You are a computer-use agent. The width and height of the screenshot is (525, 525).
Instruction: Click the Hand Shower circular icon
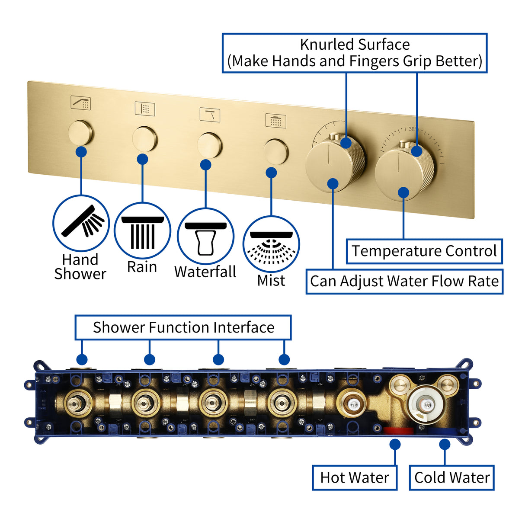(81, 223)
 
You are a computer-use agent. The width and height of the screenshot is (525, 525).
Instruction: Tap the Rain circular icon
(142, 231)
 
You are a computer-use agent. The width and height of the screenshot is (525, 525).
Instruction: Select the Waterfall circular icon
(206, 236)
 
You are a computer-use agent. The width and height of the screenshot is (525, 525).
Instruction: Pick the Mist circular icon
(271, 244)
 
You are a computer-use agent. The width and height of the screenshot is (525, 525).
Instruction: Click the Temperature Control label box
(424, 251)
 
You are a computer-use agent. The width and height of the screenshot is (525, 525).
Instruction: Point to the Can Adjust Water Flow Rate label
(404, 282)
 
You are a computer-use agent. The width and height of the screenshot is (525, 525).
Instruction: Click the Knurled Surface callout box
(355, 53)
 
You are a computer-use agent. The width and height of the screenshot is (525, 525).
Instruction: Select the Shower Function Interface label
(183, 327)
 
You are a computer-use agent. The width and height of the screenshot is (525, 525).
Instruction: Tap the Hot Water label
(355, 477)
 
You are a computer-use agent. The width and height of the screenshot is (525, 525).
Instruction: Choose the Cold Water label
(451, 477)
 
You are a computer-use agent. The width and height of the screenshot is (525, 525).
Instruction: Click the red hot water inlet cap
(398, 431)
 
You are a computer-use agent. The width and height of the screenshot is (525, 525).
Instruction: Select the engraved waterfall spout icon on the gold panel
(210, 115)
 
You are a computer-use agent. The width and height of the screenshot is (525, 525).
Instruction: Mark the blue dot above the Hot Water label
(395, 444)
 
